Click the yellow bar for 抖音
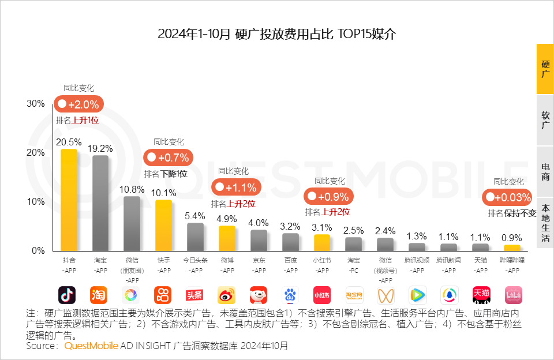pyautogui.click(x=69, y=199)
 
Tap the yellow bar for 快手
pyautogui.click(x=164, y=224)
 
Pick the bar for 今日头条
pyautogui.click(x=195, y=236)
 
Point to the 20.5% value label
pyautogui.click(x=68, y=142)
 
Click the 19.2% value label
pyautogui.click(x=100, y=148)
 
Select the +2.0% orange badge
pyautogui.click(x=79, y=105)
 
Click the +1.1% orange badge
pyautogui.click(x=237, y=187)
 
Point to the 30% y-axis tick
pyautogui.click(x=36, y=103)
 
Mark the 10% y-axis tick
pyautogui.click(x=36, y=201)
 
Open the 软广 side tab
pyautogui.click(x=545, y=120)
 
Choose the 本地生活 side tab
pyautogui.click(x=545, y=223)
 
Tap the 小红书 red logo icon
pyautogui.click(x=322, y=295)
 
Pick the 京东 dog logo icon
pyautogui.click(x=259, y=295)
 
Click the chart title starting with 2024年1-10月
pyautogui.click(x=276, y=33)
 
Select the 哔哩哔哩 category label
pyautogui.click(x=512, y=260)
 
